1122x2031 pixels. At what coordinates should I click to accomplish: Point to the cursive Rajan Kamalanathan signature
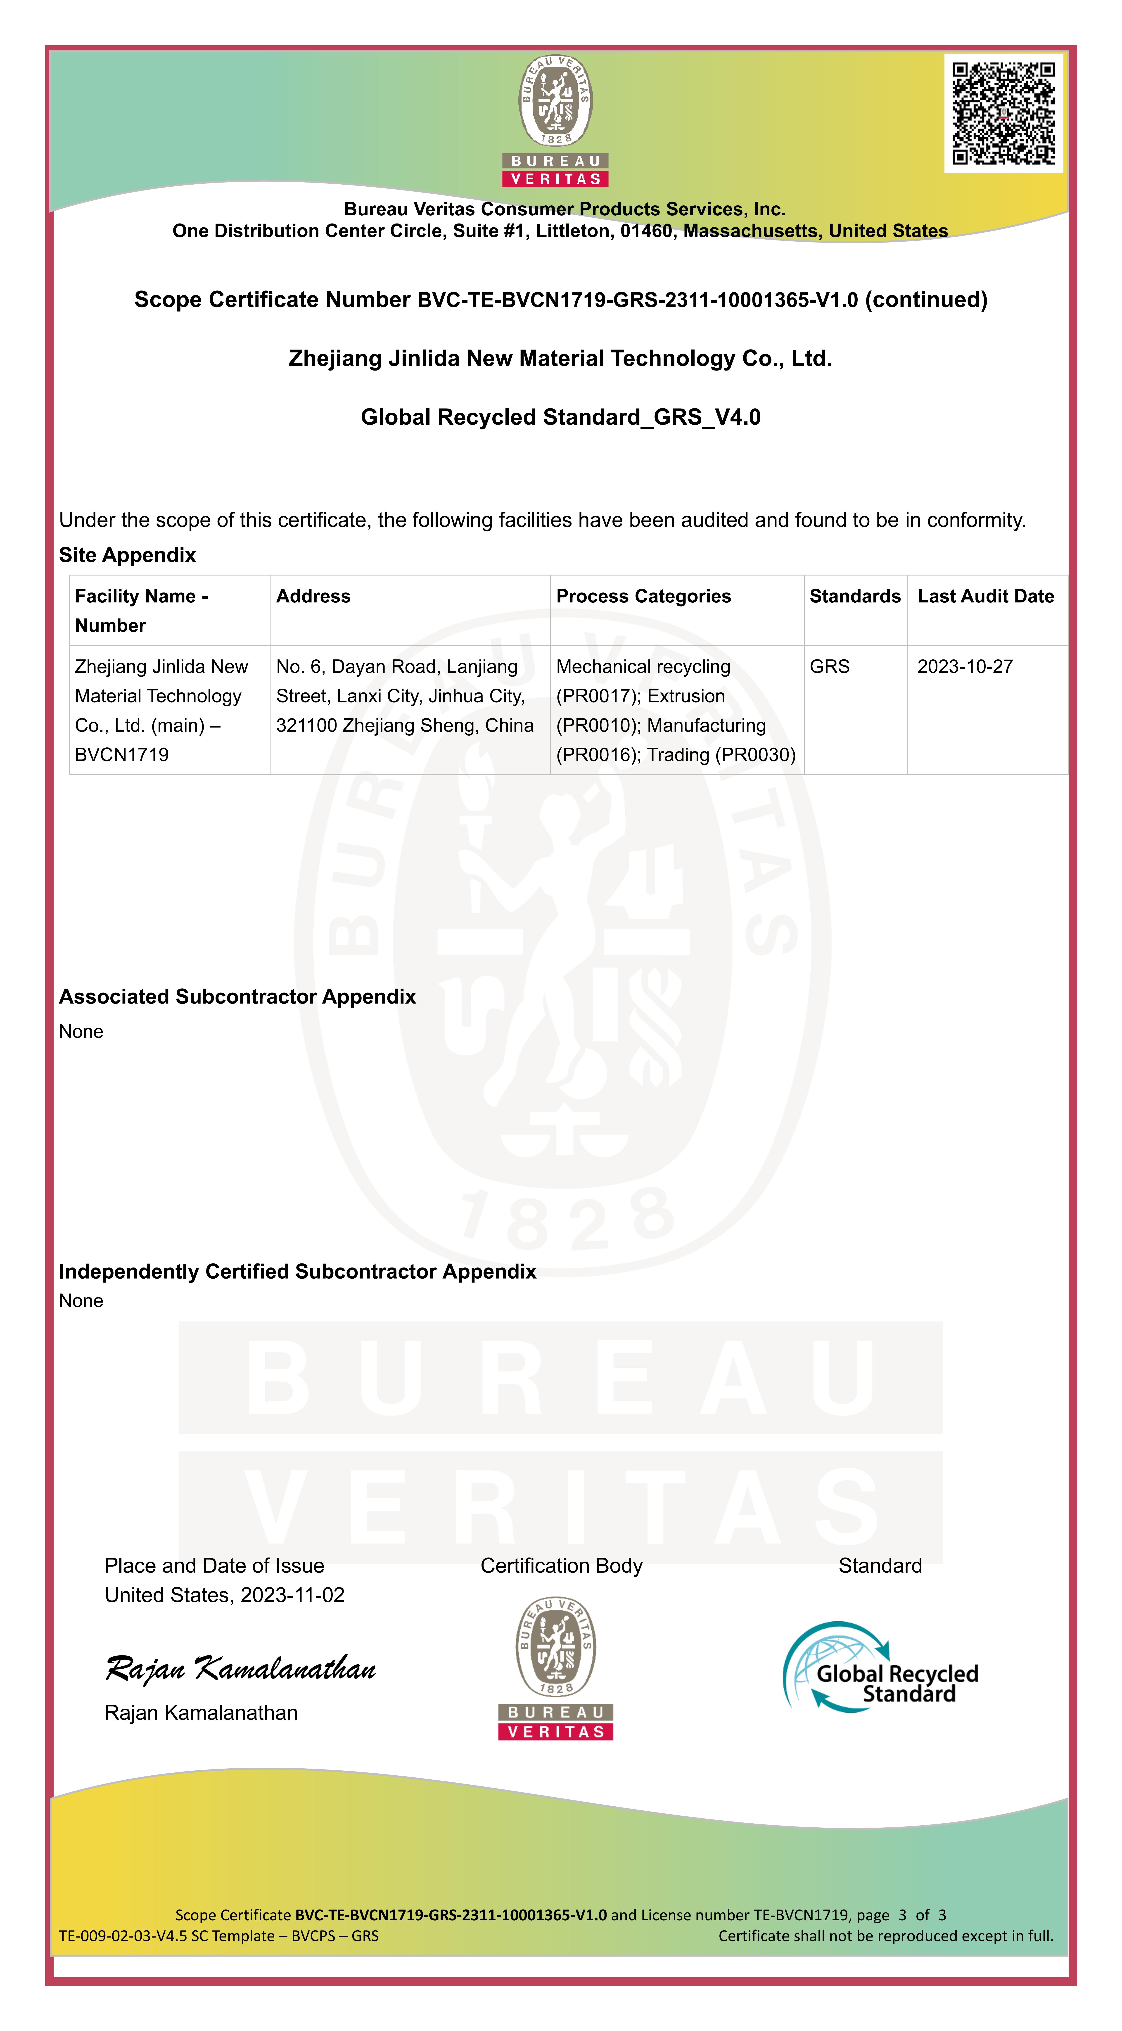click(x=240, y=1667)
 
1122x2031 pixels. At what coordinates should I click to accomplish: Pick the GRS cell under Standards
click(x=830, y=667)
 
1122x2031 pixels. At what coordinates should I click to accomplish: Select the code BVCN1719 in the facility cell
click(x=121, y=755)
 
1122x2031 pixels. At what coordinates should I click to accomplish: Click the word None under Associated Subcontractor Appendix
click(x=81, y=1032)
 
